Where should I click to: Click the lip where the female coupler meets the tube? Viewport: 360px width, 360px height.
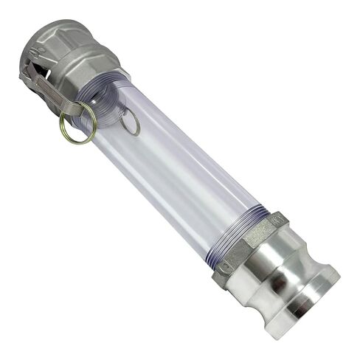tap(118, 81)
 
